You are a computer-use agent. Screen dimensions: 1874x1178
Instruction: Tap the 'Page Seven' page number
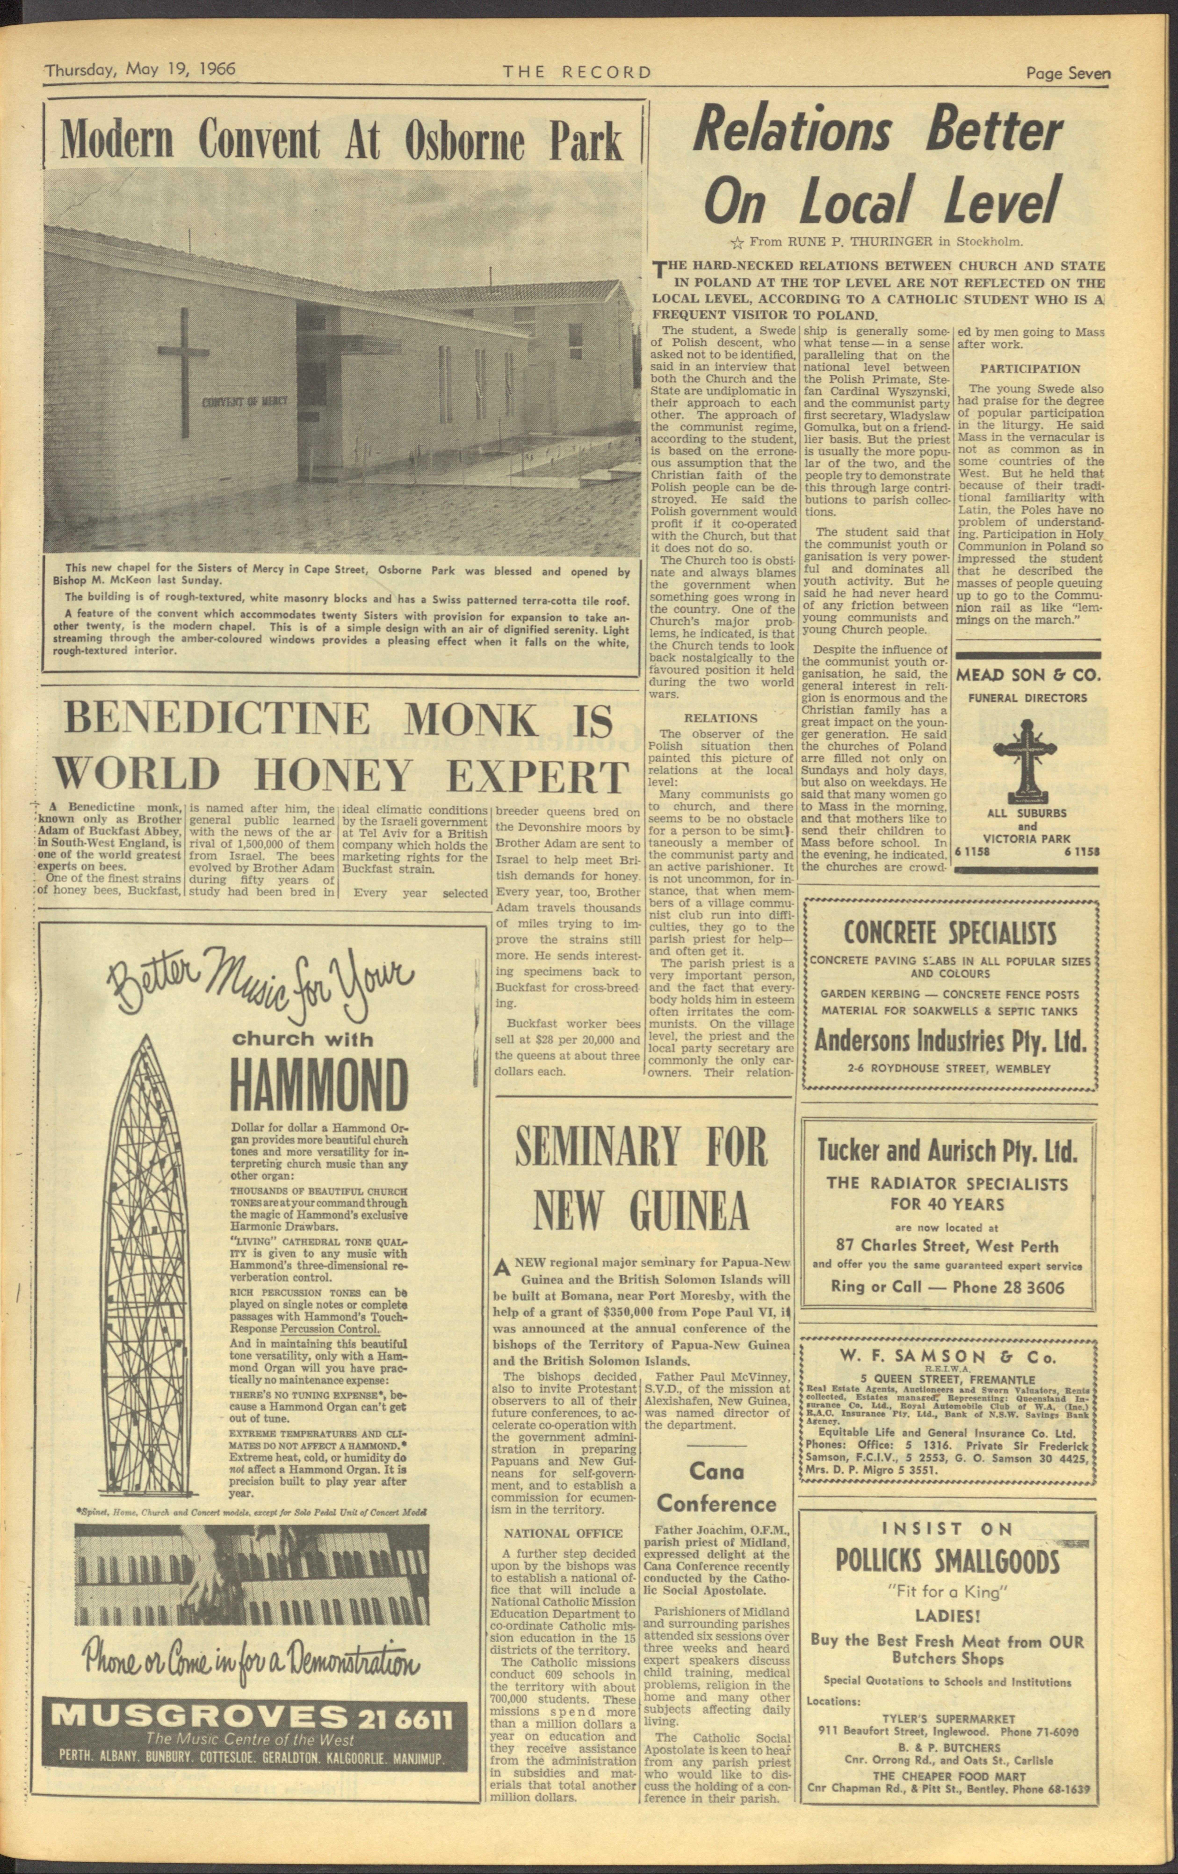tap(1067, 74)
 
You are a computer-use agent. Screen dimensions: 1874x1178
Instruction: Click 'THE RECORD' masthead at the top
tap(577, 72)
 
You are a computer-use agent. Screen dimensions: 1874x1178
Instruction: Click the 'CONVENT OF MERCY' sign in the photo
tap(245, 402)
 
